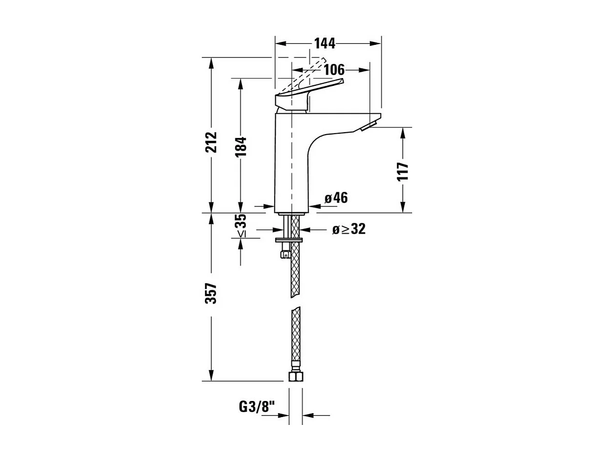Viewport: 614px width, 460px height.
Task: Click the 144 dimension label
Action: [x=325, y=43]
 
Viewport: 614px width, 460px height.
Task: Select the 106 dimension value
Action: [x=334, y=70]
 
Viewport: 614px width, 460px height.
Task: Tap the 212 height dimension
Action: [x=211, y=141]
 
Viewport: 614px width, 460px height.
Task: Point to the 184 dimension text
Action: [x=240, y=146]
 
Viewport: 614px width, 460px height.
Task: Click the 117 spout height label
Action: [x=403, y=171]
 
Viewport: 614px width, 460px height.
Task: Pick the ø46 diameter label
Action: [x=336, y=198]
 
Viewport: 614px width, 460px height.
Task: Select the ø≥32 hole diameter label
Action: [x=348, y=229]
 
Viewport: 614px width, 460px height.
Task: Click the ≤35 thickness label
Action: [x=241, y=226]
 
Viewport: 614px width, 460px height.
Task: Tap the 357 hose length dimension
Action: [x=211, y=293]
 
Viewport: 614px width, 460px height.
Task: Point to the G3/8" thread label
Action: [x=257, y=406]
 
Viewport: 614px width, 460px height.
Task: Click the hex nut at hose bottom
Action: [x=296, y=376]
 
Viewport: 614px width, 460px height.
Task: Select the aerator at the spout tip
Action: [x=369, y=126]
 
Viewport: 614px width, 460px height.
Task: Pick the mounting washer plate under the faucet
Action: [x=290, y=240]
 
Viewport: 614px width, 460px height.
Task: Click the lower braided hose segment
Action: [x=296, y=334]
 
